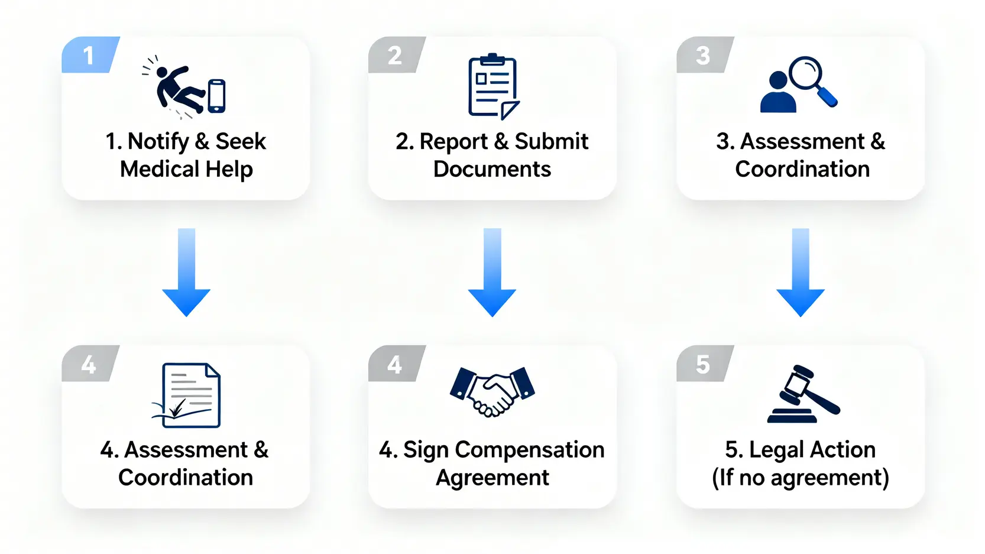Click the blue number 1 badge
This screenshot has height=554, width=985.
click(x=89, y=56)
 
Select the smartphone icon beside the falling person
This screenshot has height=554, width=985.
click(x=216, y=96)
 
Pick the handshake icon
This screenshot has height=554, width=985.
click(x=492, y=391)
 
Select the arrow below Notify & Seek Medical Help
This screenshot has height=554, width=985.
click(x=186, y=272)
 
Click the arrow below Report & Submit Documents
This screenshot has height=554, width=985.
click(x=492, y=272)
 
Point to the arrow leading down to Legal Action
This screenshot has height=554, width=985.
click(x=800, y=272)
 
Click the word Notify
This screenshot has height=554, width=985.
click(x=158, y=142)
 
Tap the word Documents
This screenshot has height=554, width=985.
click(x=492, y=170)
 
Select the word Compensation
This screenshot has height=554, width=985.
click(x=529, y=450)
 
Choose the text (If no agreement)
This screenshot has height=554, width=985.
click(x=800, y=478)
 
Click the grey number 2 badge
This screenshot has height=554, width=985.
click(x=395, y=56)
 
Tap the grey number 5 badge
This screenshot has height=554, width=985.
click(x=703, y=364)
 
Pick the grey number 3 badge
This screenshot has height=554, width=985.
click(x=703, y=56)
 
